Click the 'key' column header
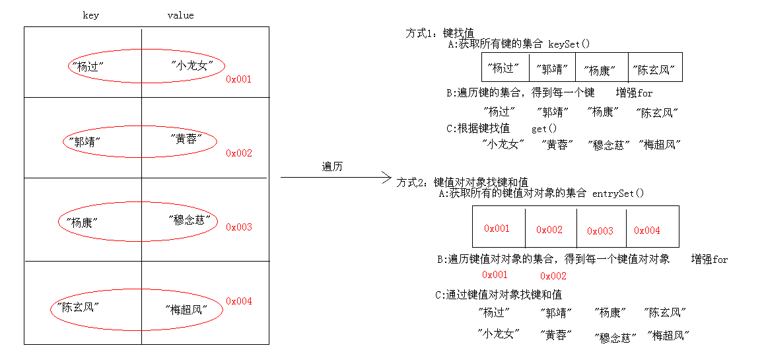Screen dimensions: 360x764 pyautogui.click(x=91, y=15)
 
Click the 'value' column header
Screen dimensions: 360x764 pyautogui.click(x=180, y=15)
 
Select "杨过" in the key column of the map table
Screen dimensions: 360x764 pyautogui.click(x=91, y=66)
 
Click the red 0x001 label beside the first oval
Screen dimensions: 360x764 pyautogui.click(x=239, y=79)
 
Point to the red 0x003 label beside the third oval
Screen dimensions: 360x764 pyautogui.click(x=239, y=227)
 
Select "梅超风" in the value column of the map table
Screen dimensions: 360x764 pyautogui.click(x=186, y=308)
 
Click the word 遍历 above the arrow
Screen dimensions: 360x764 pyautogui.click(x=332, y=166)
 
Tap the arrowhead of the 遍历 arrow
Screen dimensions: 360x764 pyautogui.click(x=388, y=177)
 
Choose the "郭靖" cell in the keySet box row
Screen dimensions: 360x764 pyautogui.click(x=552, y=69)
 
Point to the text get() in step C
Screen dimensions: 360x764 pyautogui.click(x=544, y=129)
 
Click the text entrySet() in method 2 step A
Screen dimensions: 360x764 pyautogui.click(x=617, y=194)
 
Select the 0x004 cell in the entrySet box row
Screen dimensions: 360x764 pyautogui.click(x=647, y=231)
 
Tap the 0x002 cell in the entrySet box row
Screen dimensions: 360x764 pyautogui.click(x=549, y=230)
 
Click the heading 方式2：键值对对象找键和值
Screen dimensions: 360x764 pyautogui.click(x=462, y=182)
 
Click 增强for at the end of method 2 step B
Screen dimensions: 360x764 pyautogui.click(x=709, y=260)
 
